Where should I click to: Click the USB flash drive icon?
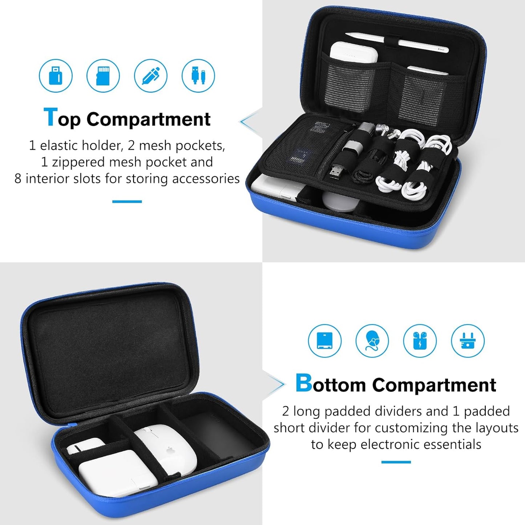56,76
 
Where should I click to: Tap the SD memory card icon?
103,76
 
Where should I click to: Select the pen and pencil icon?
151,76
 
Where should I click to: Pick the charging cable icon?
198,76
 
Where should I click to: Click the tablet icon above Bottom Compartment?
324,341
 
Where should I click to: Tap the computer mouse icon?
372,341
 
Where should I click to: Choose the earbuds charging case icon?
420,341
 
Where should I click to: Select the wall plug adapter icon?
468,341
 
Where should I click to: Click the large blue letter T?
50,117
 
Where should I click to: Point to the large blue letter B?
303,383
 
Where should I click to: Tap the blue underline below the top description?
127,201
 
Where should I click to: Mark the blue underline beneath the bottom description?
396,462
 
